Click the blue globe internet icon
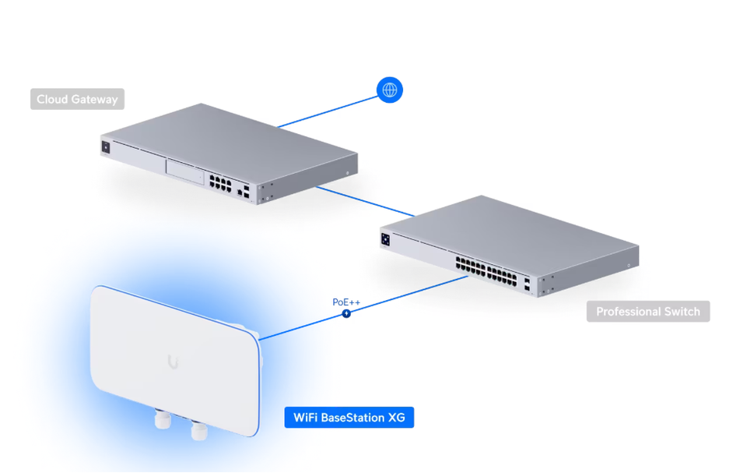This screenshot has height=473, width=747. tap(390, 90)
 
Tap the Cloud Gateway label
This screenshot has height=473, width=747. tap(77, 100)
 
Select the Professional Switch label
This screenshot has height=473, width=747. tap(648, 312)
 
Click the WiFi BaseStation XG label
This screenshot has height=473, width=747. tap(349, 418)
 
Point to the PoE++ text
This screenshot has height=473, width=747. tap(346, 302)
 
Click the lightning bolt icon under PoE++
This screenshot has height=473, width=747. tap(346, 313)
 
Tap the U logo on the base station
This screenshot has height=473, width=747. tap(173, 362)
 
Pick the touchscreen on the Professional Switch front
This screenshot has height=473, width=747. tap(386, 239)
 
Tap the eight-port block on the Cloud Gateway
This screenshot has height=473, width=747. tap(220, 183)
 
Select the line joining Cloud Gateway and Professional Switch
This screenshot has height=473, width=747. tap(366, 200)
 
